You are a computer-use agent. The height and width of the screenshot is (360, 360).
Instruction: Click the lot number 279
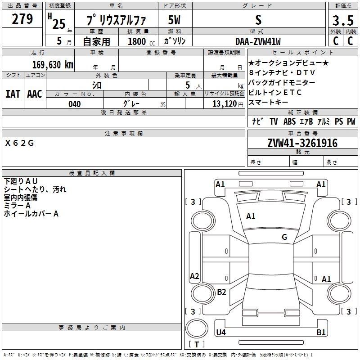22,19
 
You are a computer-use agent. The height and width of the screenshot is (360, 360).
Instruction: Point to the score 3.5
343,21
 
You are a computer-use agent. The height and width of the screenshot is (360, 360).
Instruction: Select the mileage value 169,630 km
53,65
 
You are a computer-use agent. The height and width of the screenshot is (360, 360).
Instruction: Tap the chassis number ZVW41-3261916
302,143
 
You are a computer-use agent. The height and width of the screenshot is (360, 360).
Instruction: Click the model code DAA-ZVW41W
258,41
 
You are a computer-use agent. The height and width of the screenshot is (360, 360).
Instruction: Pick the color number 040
74,104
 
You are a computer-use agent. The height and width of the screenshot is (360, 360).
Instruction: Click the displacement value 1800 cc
141,41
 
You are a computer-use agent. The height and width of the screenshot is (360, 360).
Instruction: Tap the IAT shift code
13,94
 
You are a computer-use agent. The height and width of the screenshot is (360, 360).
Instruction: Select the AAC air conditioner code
35,94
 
